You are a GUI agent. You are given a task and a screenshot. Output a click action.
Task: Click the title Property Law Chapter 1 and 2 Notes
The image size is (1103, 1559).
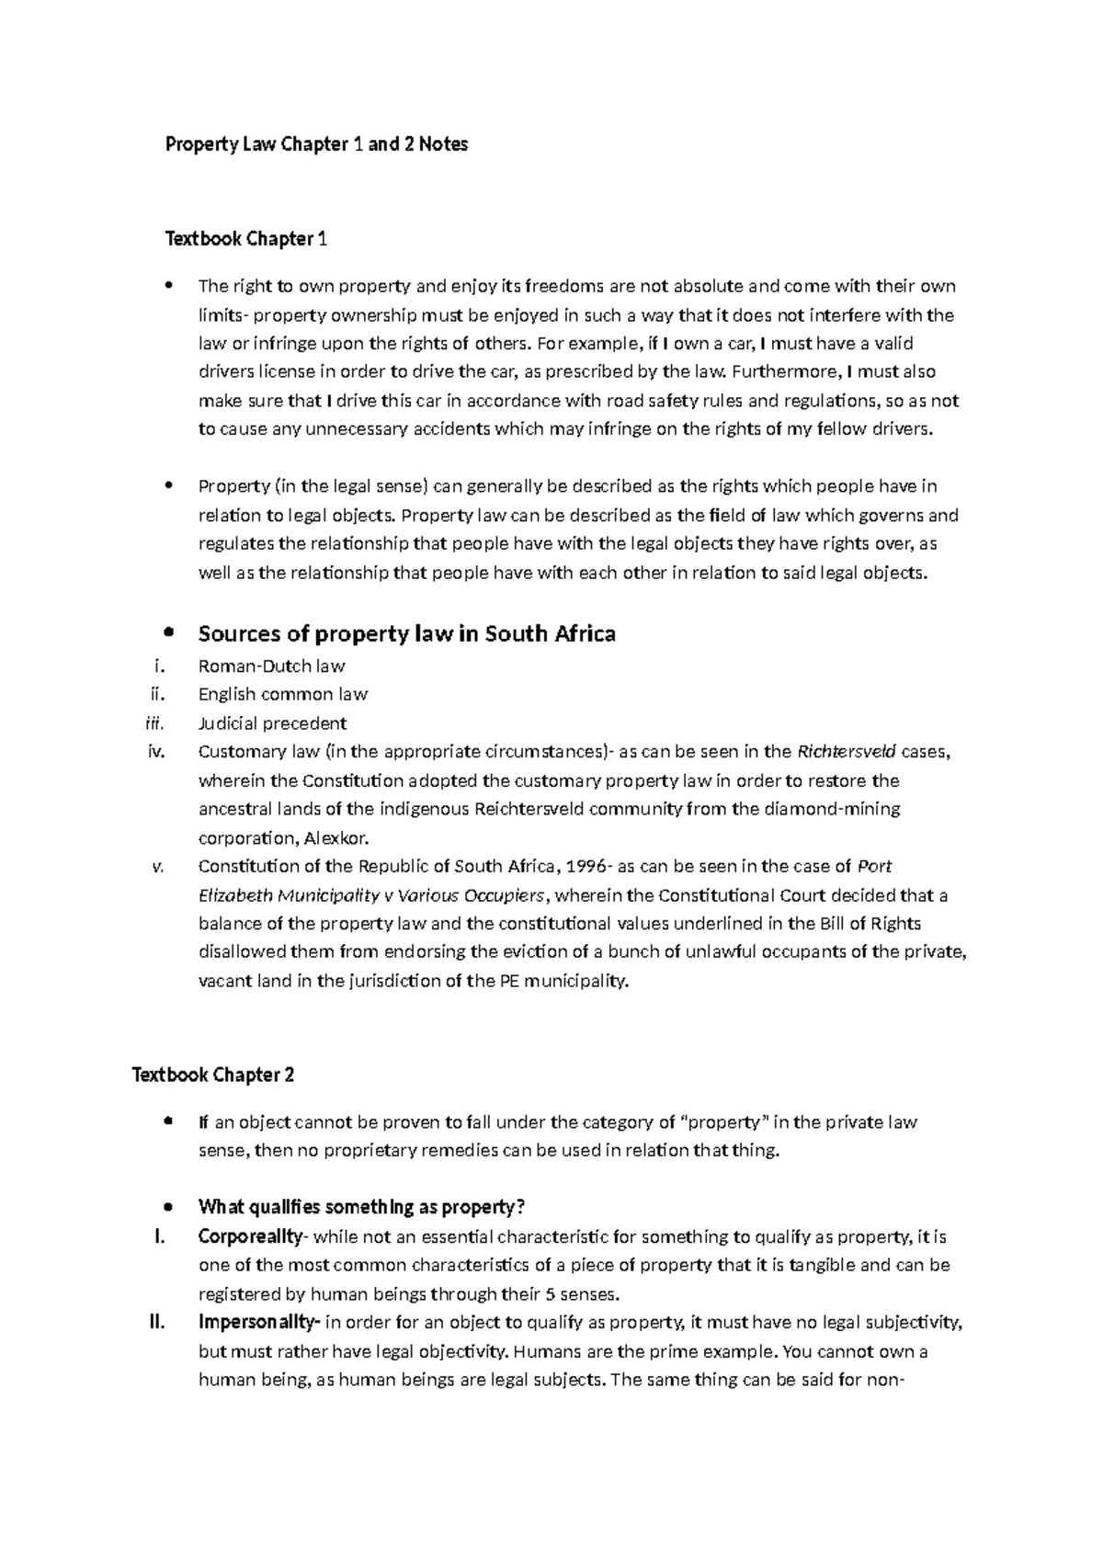click(316, 144)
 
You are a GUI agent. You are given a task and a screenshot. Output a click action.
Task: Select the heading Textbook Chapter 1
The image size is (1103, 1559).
click(245, 240)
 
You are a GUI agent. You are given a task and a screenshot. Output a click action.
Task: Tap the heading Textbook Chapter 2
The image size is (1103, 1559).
click(213, 1075)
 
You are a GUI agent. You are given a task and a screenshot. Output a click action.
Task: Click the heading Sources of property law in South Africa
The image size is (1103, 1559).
click(406, 633)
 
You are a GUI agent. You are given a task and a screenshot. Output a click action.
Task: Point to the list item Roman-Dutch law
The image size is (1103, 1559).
click(271, 666)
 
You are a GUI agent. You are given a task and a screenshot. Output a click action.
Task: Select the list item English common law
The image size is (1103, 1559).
click(283, 694)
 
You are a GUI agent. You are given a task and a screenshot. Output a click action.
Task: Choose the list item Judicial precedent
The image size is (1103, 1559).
click(272, 723)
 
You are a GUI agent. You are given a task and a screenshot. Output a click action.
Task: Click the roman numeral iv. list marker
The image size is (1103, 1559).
click(155, 752)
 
